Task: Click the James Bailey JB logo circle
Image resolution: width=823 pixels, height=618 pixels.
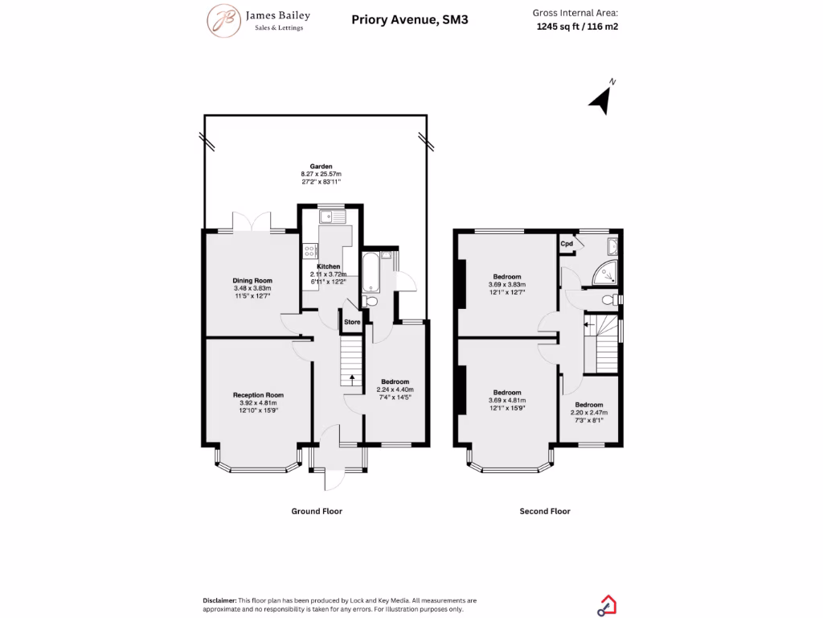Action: [225, 20]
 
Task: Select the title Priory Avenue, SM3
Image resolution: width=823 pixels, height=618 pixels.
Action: [409, 19]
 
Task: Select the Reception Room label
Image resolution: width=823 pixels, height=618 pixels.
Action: [258, 395]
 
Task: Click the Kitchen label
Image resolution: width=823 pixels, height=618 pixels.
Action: [328, 266]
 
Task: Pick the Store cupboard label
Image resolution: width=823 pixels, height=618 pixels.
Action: [352, 322]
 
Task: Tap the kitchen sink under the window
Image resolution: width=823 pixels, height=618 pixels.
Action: [330, 216]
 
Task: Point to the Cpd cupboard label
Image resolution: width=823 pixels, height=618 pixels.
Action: [567, 243]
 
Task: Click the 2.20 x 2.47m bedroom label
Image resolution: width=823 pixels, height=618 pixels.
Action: [588, 405]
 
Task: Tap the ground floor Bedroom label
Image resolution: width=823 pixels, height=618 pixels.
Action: [395, 381]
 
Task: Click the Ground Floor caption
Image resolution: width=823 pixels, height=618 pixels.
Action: [316, 511]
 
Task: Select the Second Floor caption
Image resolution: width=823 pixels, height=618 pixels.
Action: [544, 511]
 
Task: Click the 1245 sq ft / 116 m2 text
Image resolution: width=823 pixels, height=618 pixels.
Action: [577, 26]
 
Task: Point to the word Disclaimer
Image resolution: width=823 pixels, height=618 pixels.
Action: [219, 600]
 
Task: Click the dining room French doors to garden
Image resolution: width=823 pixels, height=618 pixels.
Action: [252, 223]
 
